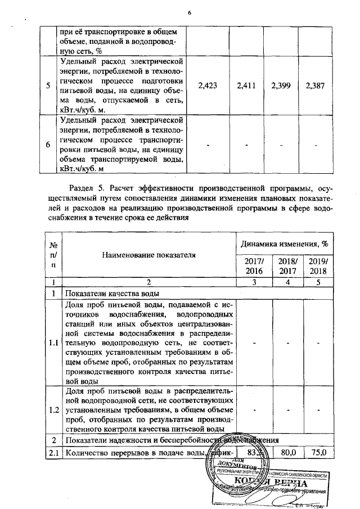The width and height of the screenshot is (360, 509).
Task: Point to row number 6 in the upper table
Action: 48,145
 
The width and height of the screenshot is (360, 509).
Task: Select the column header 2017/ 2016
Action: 253,265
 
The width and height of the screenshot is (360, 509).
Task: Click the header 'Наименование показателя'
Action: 148,255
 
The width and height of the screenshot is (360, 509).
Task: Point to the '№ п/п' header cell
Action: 53,254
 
